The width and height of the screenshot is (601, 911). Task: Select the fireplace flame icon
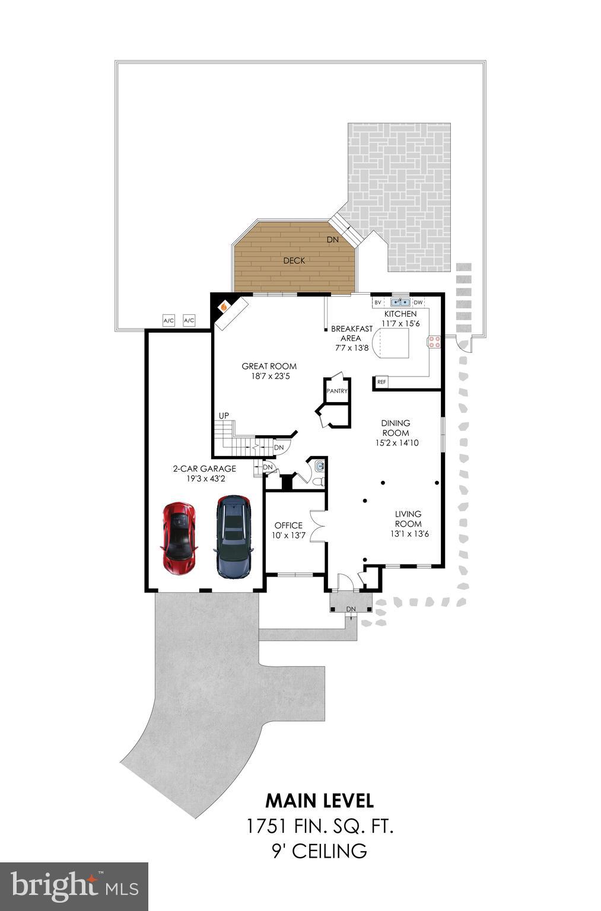[224, 307]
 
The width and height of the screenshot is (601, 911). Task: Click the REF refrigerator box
[381, 383]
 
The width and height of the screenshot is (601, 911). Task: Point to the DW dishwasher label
[418, 302]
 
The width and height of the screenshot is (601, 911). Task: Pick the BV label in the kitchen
[378, 302]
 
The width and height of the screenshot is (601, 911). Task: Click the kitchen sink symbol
[400, 302]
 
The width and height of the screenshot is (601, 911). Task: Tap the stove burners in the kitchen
[434, 341]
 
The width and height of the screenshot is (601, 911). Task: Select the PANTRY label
[337, 391]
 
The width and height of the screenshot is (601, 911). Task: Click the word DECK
[294, 260]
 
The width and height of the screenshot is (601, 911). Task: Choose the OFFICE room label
[288, 525]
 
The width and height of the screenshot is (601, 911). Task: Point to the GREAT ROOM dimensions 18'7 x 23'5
[269, 376]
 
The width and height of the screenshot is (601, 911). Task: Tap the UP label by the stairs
[224, 416]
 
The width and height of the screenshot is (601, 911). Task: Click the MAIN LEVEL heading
[319, 801]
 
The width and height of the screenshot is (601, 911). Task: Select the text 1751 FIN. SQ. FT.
[319, 826]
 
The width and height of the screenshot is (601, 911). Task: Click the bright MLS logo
[74, 886]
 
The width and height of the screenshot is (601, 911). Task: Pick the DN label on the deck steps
[333, 240]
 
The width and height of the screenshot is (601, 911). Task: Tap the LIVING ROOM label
[408, 519]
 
